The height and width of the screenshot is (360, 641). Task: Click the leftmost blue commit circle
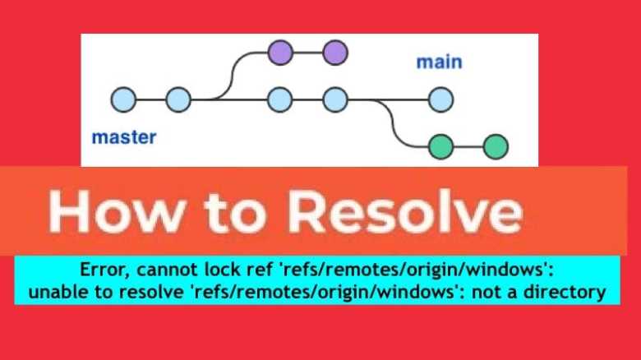(123, 99)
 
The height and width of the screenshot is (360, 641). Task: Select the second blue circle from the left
(178, 99)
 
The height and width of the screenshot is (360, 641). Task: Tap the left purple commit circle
(280, 53)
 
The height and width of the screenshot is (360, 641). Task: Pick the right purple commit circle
(334, 53)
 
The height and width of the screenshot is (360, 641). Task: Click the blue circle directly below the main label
(440, 99)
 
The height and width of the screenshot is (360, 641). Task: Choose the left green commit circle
(441, 146)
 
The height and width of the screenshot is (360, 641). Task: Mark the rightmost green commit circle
(496, 146)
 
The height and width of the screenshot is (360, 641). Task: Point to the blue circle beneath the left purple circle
(280, 99)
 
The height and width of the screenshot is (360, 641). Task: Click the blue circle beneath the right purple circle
(334, 99)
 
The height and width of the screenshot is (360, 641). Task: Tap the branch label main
(439, 62)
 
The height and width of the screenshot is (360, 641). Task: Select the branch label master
(124, 136)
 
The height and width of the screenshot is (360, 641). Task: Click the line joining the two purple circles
(307, 53)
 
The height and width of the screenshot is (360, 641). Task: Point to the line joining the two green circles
(468, 146)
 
